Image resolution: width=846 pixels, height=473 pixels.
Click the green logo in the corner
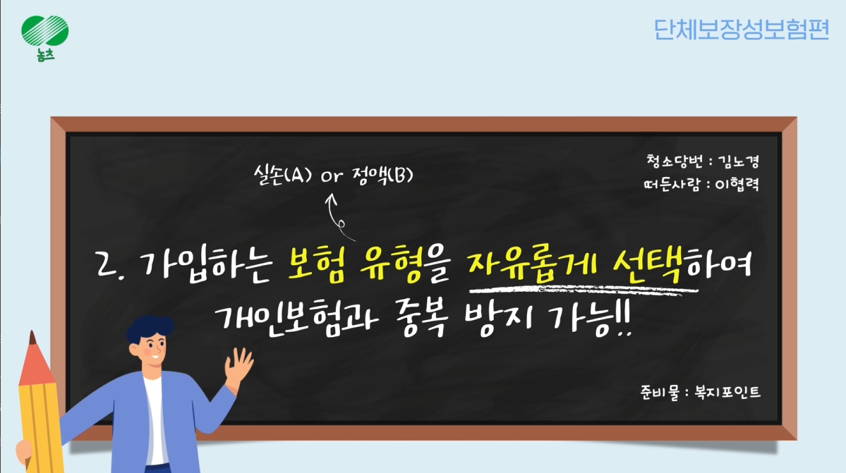click(x=44, y=37)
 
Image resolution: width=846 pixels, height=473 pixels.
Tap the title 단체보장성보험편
click(x=741, y=29)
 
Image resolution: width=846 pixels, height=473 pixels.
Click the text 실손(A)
click(x=283, y=175)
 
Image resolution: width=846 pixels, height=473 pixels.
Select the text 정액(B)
click(x=382, y=175)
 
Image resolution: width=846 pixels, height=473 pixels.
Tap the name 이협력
click(x=737, y=184)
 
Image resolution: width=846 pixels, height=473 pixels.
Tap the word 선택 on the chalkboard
click(x=650, y=264)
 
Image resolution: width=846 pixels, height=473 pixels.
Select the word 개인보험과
click(x=296, y=319)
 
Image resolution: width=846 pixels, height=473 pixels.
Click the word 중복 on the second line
click(x=424, y=319)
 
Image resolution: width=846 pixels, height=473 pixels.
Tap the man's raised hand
click(x=238, y=365)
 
